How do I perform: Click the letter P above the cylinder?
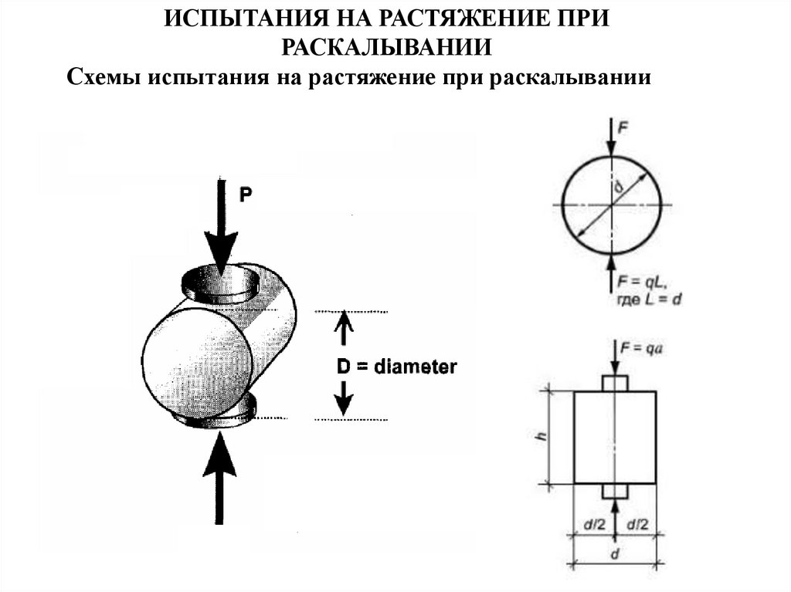[x=245, y=195]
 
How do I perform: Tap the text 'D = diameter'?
[x=396, y=367]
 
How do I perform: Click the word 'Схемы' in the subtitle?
[x=103, y=78]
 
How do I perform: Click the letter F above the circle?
[x=623, y=130]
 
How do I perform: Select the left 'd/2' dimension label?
[x=592, y=525]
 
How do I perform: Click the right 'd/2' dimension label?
[x=637, y=525]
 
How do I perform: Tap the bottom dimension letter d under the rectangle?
[x=615, y=553]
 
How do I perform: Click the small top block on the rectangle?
[x=615, y=384]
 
